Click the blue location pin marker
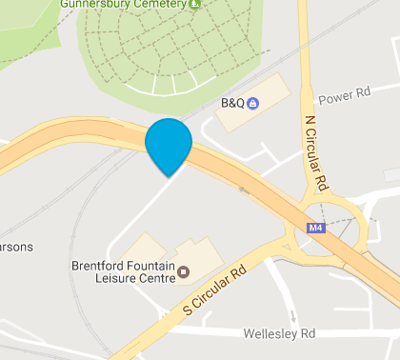click(x=169, y=145)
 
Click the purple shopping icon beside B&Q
click(x=252, y=103)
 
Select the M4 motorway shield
click(x=317, y=229)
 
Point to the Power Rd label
click(x=343, y=97)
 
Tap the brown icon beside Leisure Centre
click(x=184, y=273)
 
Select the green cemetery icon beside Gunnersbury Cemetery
click(x=194, y=4)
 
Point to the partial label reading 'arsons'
click(x=16, y=247)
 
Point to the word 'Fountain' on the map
click(x=151, y=266)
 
